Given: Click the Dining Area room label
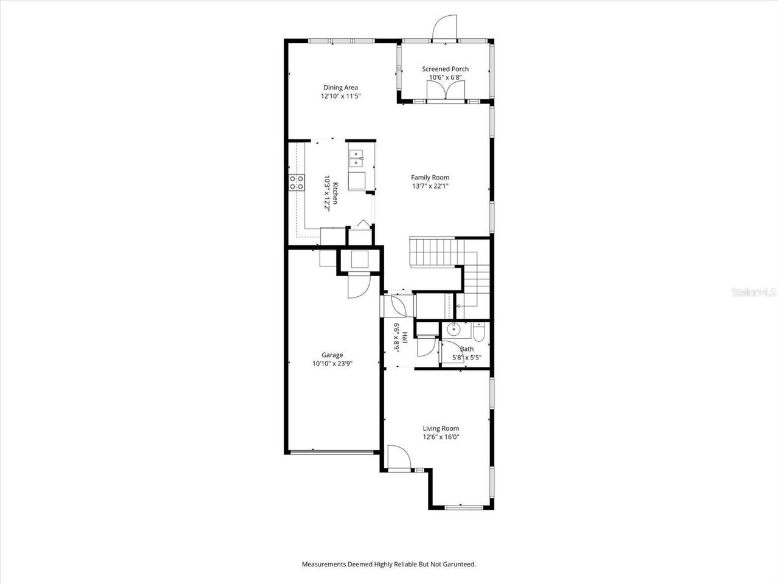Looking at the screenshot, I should pos(340,88).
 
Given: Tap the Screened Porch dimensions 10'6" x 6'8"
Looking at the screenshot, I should pos(445,77).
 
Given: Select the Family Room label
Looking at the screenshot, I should pos(430,178).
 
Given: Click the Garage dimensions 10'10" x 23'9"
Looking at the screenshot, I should pos(332,364).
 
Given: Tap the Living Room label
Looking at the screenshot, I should pos(441,428).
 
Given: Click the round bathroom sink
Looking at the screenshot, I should pos(453,330).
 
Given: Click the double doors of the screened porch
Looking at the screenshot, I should pos(446,91).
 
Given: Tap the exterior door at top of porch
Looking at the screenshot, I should pos(443,27).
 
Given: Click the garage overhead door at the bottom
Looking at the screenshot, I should pos(331,452).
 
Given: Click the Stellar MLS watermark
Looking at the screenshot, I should pos(754,292).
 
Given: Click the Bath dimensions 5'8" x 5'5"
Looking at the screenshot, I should pos(466,358).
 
